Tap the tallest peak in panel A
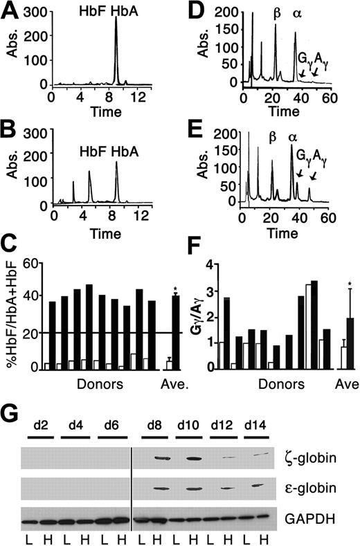(x=116, y=21)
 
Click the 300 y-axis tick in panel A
(x=37, y=14)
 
